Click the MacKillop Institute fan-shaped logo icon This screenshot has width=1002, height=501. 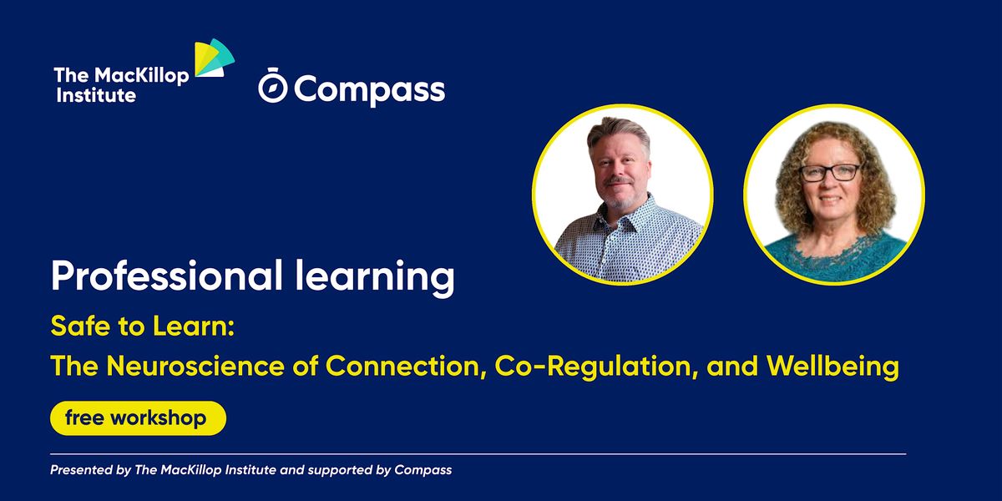(x=214, y=61)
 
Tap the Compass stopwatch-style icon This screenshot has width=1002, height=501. (x=272, y=88)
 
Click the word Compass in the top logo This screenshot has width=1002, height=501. (x=369, y=89)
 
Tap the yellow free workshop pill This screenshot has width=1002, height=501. (x=138, y=417)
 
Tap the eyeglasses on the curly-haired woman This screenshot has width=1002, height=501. (x=829, y=173)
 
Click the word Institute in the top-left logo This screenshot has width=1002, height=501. (x=96, y=95)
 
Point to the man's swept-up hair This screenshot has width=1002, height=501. (x=617, y=132)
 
